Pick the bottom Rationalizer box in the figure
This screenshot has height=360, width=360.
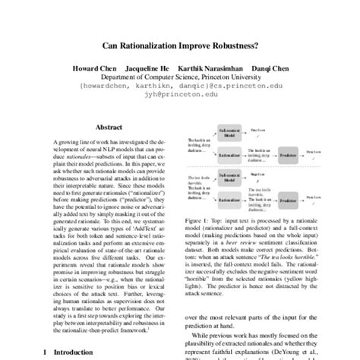[x=229, y=204]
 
